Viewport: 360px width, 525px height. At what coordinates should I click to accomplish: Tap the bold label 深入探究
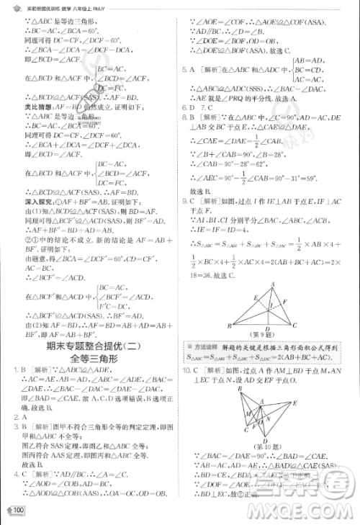coord(27,202)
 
